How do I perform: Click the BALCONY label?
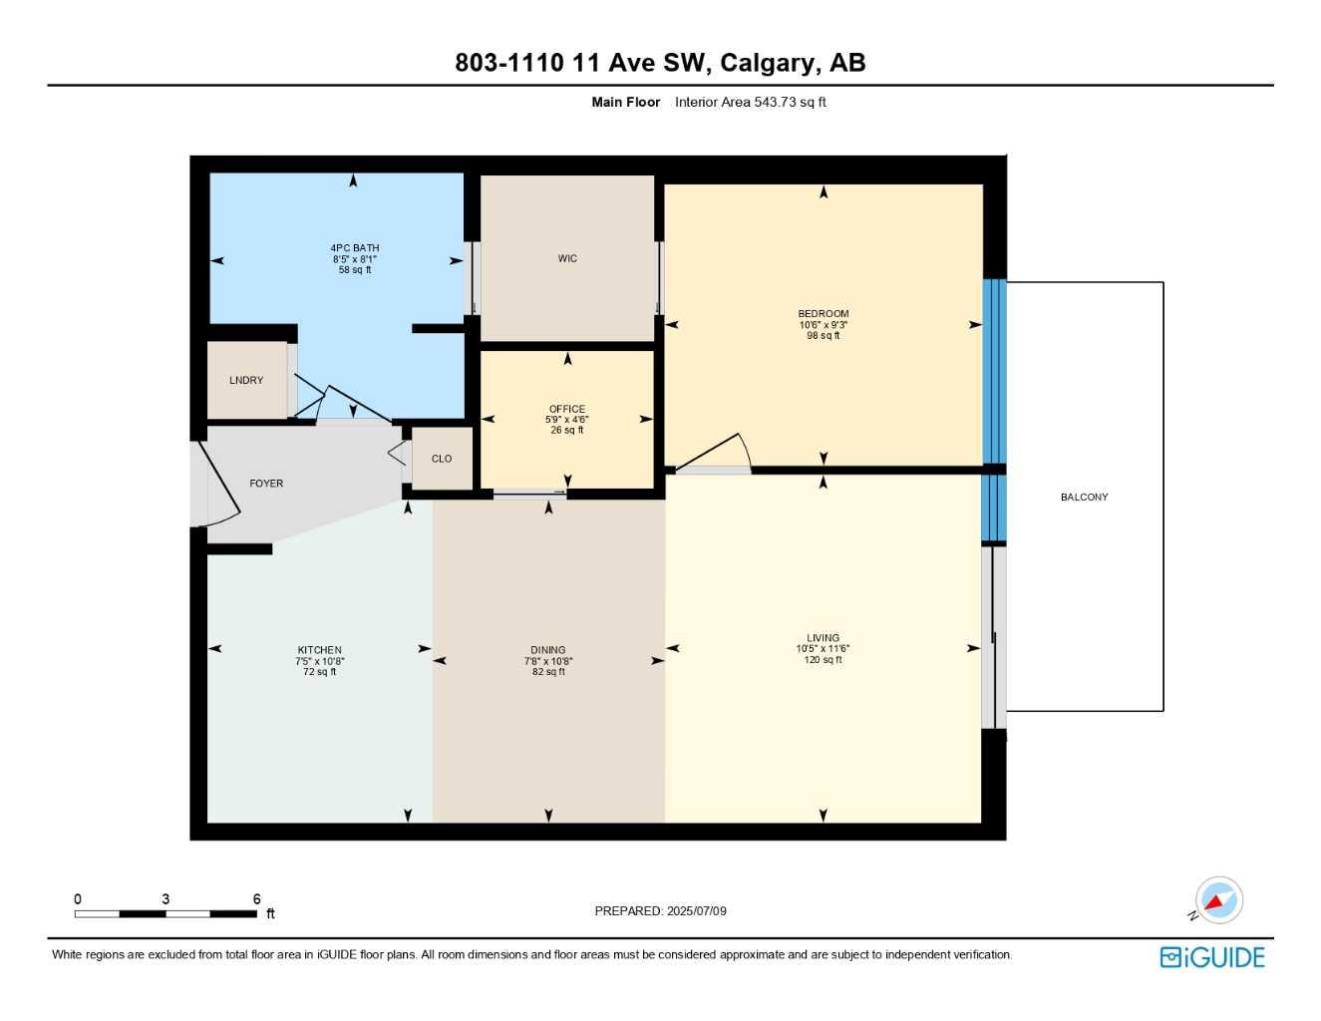pyautogui.click(x=1084, y=497)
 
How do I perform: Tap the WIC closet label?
pyautogui.click(x=567, y=258)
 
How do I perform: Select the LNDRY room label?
pyautogui.click(x=246, y=380)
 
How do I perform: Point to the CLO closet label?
pyautogui.click(x=442, y=459)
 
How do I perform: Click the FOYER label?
pyautogui.click(x=266, y=484)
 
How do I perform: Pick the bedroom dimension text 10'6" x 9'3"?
pyautogui.click(x=823, y=325)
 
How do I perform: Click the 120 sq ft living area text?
pyautogui.click(x=823, y=660)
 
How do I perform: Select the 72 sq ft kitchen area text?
pyautogui.click(x=319, y=672)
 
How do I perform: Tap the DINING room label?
pyautogui.click(x=548, y=650)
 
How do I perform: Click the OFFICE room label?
pyautogui.click(x=567, y=409)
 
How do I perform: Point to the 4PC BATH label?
pyautogui.click(x=355, y=248)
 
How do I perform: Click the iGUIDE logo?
pyautogui.click(x=1212, y=957)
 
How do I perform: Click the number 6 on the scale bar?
pyautogui.click(x=256, y=899)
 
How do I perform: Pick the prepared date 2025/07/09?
pyautogui.click(x=696, y=911)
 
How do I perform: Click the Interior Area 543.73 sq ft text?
pyautogui.click(x=750, y=102)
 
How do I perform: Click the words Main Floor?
pyautogui.click(x=625, y=102)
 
